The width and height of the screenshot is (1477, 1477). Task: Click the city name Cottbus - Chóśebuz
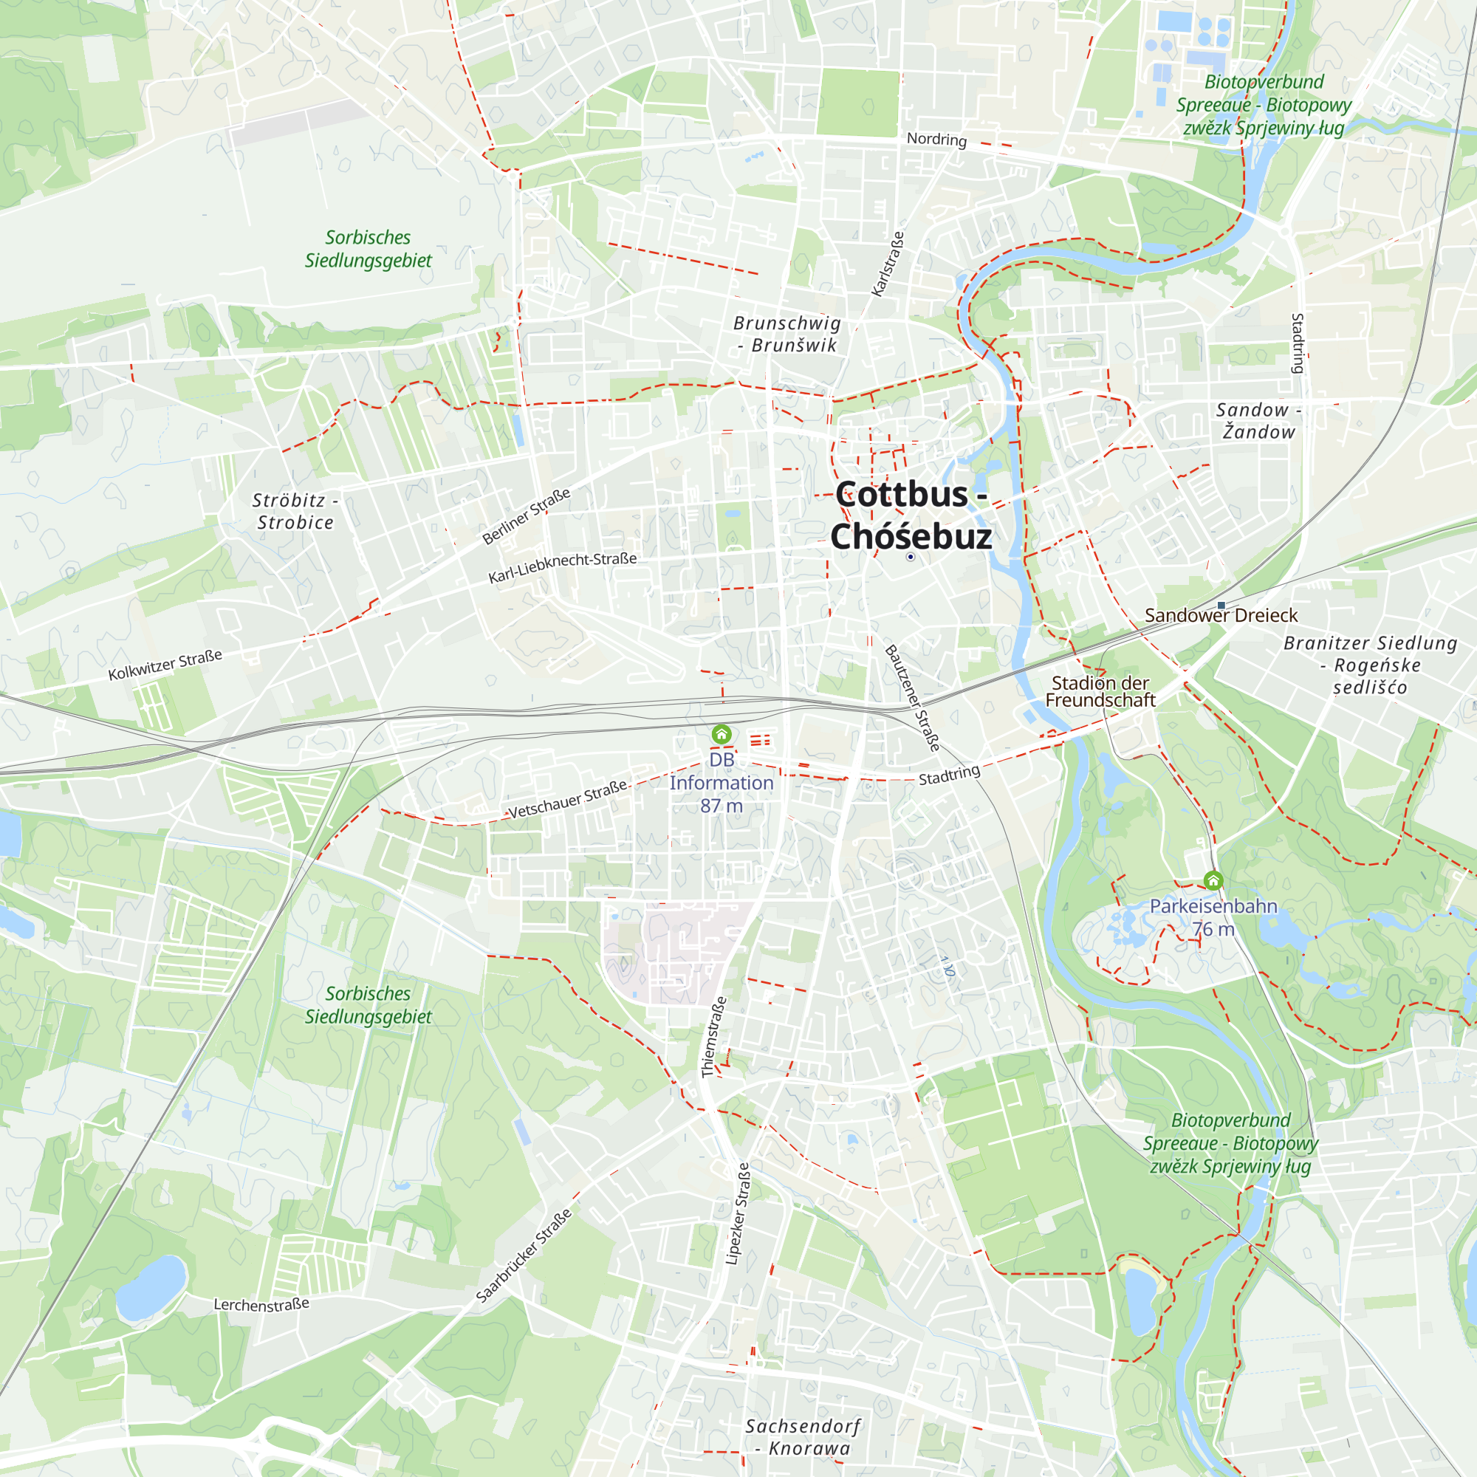click(911, 515)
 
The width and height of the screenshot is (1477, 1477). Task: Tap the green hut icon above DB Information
click(721, 734)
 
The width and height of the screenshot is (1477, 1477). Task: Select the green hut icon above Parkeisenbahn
click(1213, 881)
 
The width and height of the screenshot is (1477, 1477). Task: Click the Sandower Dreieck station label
click(1221, 615)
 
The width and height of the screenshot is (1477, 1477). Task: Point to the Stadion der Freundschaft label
click(1100, 691)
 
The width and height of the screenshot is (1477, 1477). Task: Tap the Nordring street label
click(936, 139)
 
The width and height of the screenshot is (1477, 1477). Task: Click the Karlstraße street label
click(888, 264)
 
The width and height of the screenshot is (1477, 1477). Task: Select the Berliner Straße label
click(526, 516)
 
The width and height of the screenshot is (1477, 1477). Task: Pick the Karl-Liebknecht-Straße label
click(563, 566)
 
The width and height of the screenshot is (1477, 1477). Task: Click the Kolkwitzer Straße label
click(165, 665)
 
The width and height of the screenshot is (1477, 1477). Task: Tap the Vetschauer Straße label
click(567, 798)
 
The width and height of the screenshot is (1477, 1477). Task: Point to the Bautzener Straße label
click(912, 697)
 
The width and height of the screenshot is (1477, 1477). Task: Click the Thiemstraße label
click(714, 1037)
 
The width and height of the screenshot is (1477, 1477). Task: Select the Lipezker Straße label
click(738, 1213)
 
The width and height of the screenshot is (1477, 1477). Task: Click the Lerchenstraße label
click(261, 1304)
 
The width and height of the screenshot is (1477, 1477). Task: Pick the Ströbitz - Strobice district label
click(295, 511)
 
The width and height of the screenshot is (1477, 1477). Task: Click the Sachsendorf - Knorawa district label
click(802, 1436)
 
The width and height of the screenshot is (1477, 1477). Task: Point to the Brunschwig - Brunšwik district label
click(787, 334)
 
